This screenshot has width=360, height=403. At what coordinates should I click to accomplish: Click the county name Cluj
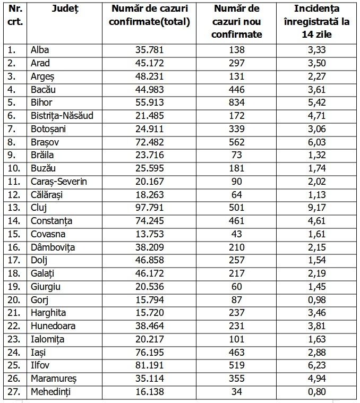coord(39,208)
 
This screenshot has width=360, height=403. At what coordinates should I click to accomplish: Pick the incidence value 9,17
coord(317,208)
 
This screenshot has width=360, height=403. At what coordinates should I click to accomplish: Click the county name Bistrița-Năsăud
coord(62,116)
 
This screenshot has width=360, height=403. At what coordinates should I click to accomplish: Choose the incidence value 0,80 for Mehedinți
coord(317,392)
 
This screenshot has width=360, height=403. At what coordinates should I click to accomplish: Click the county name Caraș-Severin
coord(58,182)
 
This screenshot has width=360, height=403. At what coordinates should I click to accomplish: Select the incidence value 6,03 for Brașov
coord(317,142)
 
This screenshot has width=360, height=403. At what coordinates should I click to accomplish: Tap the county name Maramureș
coord(54,379)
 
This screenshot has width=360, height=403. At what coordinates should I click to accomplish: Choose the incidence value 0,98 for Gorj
coord(317,299)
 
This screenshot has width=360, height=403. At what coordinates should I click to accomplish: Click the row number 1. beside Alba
coord(12,50)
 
